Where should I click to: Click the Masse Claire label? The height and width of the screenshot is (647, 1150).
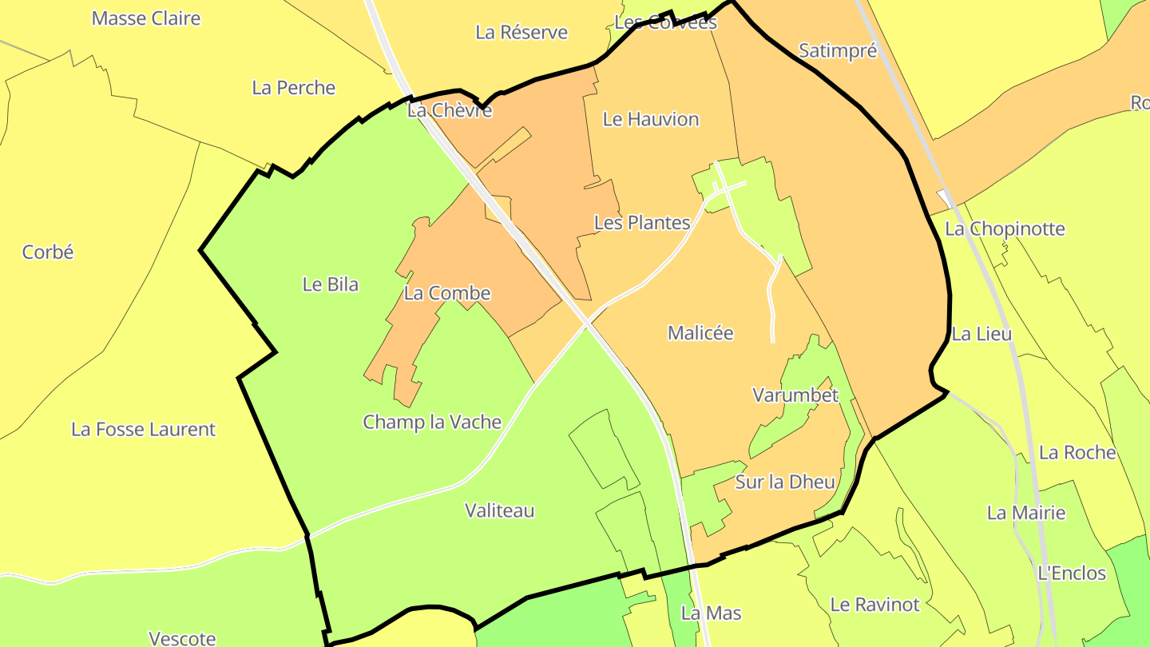click(x=146, y=18)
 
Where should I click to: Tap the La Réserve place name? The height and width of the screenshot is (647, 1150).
click(x=521, y=32)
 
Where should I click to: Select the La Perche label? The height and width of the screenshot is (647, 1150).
click(x=294, y=88)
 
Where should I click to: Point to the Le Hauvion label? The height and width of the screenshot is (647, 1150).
click(x=651, y=119)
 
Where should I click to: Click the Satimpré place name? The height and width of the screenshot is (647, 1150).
click(x=838, y=51)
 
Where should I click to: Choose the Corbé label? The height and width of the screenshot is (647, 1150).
click(x=48, y=252)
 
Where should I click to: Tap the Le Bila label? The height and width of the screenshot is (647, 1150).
click(x=331, y=284)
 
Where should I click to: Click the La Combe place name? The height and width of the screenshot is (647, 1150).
click(x=447, y=293)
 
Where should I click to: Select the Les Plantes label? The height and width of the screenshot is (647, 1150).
click(x=642, y=223)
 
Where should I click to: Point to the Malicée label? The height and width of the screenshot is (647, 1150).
click(x=700, y=333)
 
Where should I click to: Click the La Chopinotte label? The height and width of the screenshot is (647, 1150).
click(x=1005, y=229)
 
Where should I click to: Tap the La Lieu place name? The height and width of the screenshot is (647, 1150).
click(x=981, y=334)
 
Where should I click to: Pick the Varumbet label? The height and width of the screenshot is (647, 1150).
click(x=795, y=395)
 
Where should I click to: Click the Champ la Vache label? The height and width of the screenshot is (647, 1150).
click(x=432, y=422)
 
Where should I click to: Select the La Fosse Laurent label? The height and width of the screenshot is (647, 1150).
click(x=144, y=430)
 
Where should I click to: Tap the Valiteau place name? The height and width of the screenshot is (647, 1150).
click(x=500, y=510)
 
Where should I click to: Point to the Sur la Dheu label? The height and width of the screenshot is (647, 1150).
click(x=785, y=482)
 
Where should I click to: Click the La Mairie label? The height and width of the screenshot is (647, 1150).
click(x=1026, y=513)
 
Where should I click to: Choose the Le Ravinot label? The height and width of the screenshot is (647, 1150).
click(x=875, y=605)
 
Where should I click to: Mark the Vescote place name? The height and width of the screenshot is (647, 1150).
click(x=182, y=638)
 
